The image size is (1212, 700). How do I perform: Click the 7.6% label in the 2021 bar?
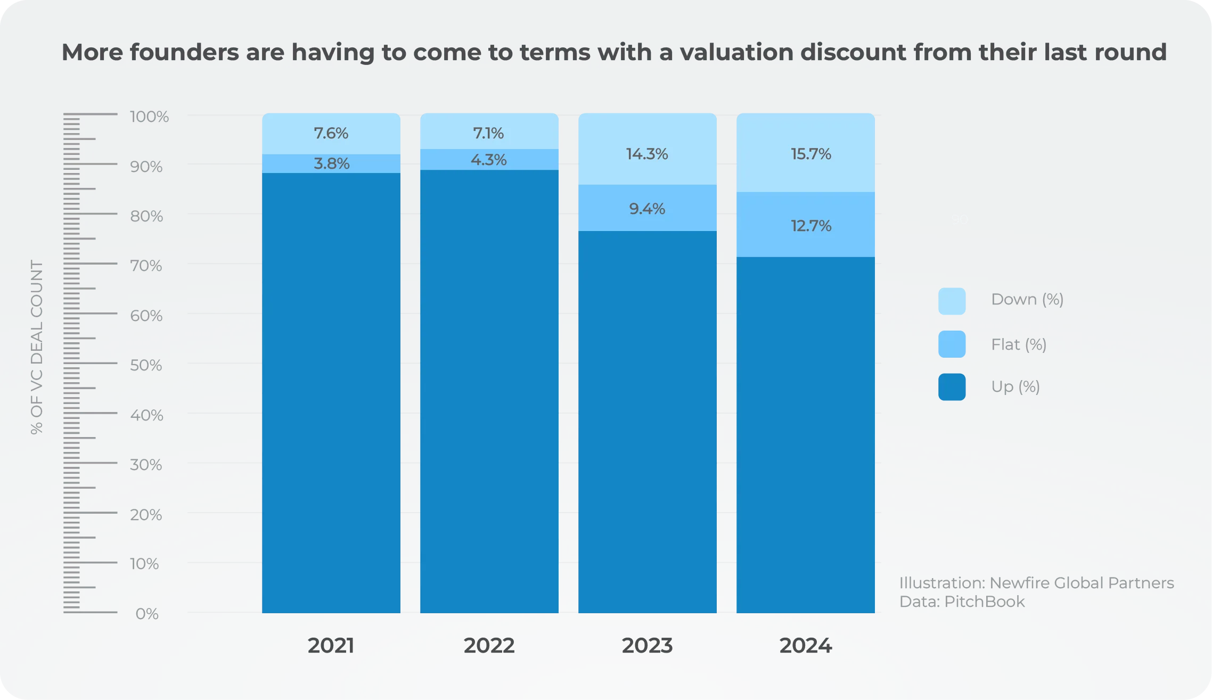coord(331,133)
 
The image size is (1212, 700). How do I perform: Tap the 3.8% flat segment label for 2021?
coord(331,163)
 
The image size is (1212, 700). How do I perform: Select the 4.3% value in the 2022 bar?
coord(488,160)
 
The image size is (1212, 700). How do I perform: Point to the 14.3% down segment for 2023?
coord(647,154)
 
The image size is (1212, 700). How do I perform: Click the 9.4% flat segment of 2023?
coord(647,209)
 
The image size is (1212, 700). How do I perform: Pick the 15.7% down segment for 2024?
coord(810,154)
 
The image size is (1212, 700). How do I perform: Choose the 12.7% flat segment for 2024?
coord(810,226)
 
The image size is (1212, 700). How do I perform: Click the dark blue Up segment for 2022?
coord(489,391)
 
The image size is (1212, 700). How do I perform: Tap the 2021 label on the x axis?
coord(331,646)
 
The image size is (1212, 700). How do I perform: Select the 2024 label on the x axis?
coord(805,646)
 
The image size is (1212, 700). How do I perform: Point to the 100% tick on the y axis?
coord(149,117)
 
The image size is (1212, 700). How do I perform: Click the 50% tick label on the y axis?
coord(146,365)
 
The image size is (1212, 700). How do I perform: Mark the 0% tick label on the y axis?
coord(147,614)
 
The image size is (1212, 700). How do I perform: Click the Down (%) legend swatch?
coord(952,301)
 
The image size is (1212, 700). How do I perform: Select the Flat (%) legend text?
coord(1019,344)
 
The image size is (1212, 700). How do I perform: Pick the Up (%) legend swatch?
coord(952,387)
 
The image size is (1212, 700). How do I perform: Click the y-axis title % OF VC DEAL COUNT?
coord(36,347)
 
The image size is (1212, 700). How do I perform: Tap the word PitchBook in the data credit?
coord(984,602)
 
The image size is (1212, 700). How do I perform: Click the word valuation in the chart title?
coord(736,52)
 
